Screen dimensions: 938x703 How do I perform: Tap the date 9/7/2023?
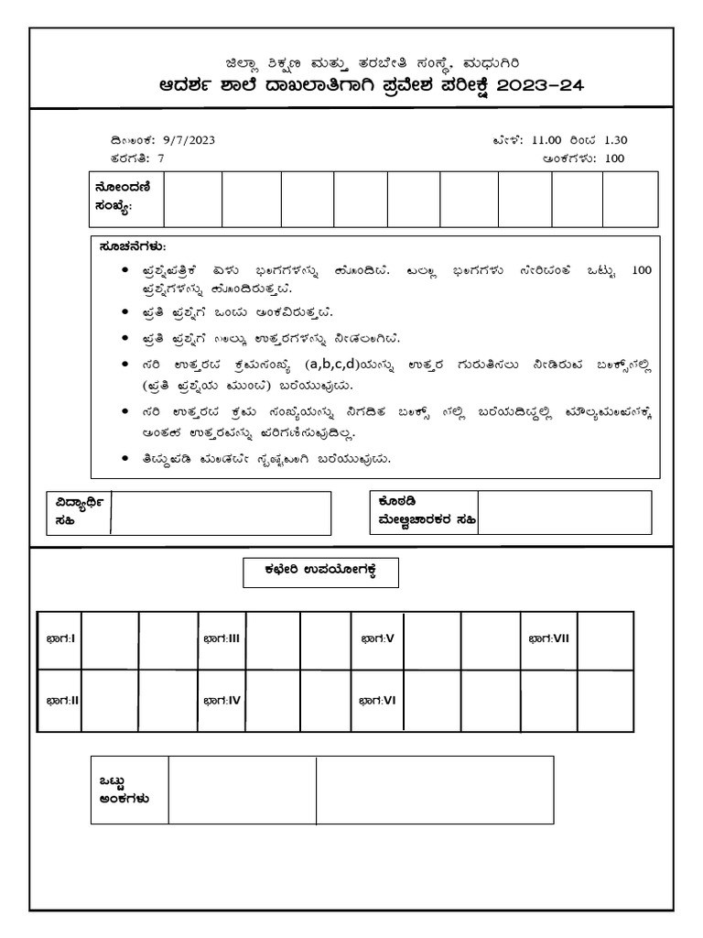coord(189,140)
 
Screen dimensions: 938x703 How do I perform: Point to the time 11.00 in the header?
coord(547,140)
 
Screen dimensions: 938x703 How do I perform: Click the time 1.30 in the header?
coord(613,140)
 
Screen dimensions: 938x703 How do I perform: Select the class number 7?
coord(161,158)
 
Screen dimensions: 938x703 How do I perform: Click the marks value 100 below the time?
coord(614,158)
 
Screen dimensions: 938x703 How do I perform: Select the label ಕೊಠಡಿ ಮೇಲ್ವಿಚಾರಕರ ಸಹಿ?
coord(419,512)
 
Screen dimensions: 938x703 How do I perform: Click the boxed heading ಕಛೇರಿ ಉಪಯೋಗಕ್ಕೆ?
coord(320,573)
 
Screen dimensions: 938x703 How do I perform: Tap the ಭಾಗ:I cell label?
coord(60,638)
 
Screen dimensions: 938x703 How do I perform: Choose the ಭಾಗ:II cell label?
coord(62,700)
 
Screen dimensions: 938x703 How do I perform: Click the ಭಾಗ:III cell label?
coord(221,638)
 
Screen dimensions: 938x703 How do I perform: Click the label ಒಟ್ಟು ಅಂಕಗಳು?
coord(125,790)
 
